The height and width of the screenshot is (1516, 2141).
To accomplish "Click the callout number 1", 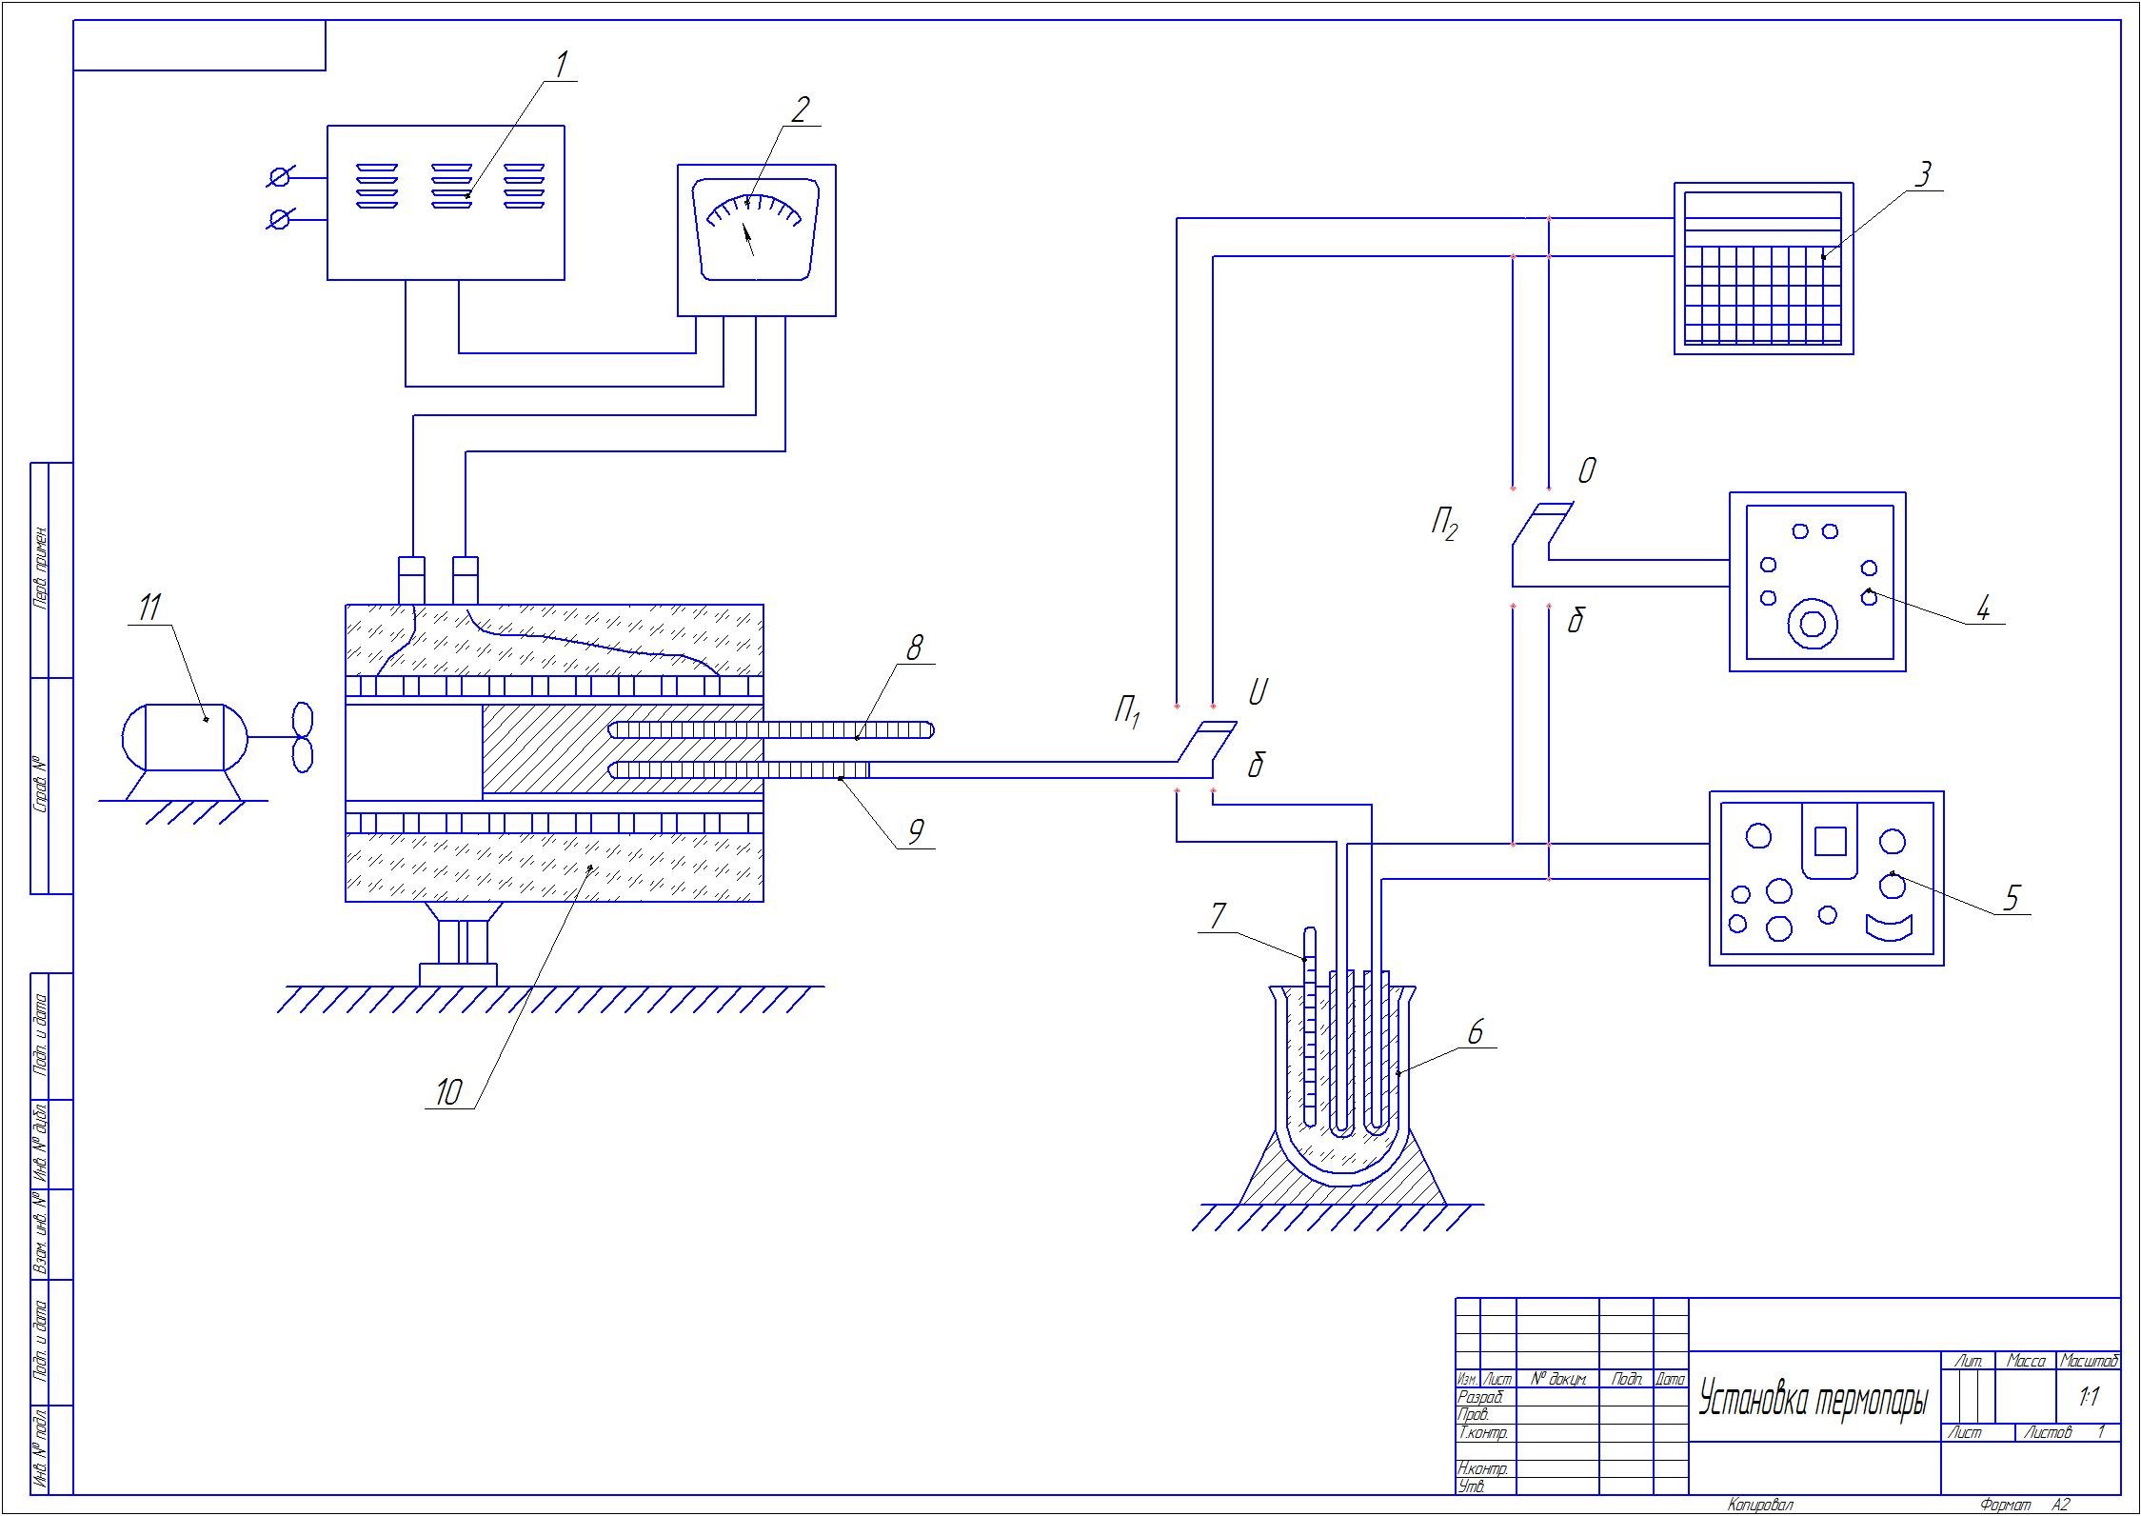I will pyautogui.click(x=562, y=66).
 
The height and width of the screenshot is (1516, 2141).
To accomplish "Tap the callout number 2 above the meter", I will pyautogui.click(x=800, y=110).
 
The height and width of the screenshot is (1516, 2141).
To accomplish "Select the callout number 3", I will pyautogui.click(x=1923, y=175).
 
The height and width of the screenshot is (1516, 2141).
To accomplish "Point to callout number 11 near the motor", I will pyautogui.click(x=150, y=608).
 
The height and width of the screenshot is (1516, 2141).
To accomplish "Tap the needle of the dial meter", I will pyautogui.click(x=749, y=239).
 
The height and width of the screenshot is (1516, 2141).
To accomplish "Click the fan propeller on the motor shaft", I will pyautogui.click(x=302, y=736).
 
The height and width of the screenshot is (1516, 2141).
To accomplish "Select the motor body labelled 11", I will pyautogui.click(x=185, y=737).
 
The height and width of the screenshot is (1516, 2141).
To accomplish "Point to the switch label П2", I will pyautogui.click(x=1443, y=525).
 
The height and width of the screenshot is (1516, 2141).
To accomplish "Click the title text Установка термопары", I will pyautogui.click(x=1814, y=1401).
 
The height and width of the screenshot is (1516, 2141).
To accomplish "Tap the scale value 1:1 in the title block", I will pyautogui.click(x=2090, y=1397).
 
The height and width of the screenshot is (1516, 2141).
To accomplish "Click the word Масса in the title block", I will pyautogui.click(x=2026, y=1362).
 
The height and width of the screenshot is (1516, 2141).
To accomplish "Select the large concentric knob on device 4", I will pyautogui.click(x=1813, y=623).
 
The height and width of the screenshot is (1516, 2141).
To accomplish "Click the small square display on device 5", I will pyautogui.click(x=1830, y=841).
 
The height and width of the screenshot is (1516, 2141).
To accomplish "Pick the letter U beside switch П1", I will pyautogui.click(x=1257, y=693).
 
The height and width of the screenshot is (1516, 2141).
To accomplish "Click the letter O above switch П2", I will pyautogui.click(x=1587, y=471).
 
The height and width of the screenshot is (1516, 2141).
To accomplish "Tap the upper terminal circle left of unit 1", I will pyautogui.click(x=280, y=178).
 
